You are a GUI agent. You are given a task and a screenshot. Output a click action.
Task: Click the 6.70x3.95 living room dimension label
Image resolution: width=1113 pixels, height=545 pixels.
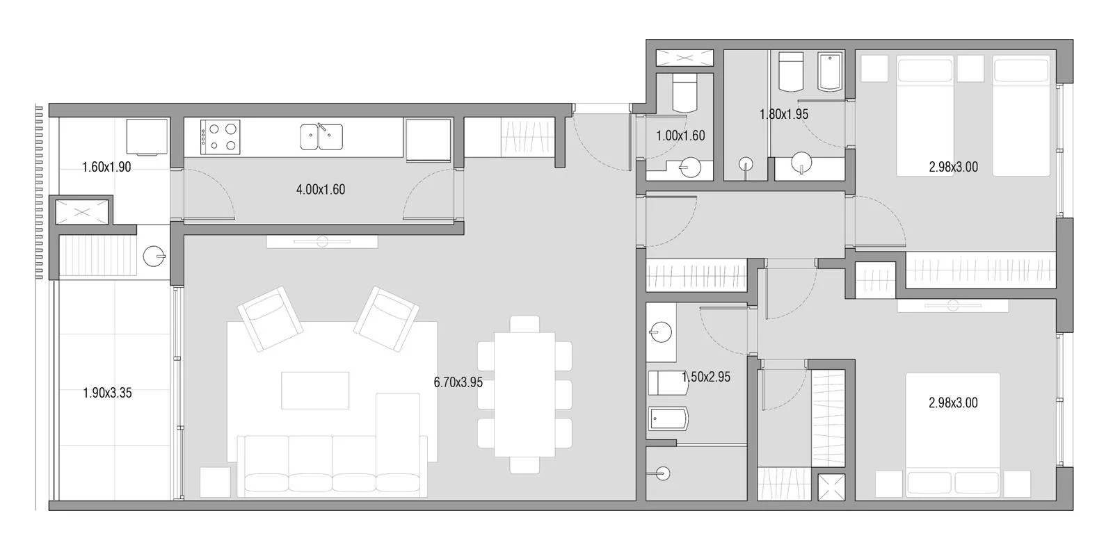click(458, 382)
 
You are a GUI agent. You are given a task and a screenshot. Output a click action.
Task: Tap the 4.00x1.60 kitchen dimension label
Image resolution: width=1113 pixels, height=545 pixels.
click(321, 189)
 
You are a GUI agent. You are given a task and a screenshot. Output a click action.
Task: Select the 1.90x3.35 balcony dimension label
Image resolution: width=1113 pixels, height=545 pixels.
click(107, 393)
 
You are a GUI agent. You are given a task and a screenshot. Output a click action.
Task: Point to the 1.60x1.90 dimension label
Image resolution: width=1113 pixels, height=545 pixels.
click(106, 167)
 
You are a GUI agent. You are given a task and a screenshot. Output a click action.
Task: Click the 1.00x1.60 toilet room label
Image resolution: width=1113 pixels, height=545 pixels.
click(680, 136)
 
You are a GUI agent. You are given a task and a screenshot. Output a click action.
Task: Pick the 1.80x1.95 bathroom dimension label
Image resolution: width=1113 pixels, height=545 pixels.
click(783, 114)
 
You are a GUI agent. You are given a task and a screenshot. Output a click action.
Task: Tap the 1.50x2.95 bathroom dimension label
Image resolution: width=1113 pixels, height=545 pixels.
click(706, 377)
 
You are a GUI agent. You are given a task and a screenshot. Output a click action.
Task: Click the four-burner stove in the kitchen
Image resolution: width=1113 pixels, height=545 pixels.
click(221, 137)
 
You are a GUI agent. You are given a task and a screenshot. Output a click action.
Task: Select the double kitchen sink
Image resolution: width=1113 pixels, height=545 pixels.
click(321, 137)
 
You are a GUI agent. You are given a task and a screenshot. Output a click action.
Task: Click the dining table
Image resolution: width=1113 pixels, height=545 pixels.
click(525, 395)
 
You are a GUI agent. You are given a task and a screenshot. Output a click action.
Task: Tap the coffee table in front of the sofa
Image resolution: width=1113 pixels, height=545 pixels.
click(315, 391)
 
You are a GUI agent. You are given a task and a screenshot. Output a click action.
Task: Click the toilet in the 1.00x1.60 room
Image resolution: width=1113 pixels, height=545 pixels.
click(684, 93)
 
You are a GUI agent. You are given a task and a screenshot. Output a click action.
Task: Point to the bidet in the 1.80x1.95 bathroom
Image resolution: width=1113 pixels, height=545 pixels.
click(830, 72)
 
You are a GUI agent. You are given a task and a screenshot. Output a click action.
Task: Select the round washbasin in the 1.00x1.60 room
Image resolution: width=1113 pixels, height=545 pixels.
click(689, 168)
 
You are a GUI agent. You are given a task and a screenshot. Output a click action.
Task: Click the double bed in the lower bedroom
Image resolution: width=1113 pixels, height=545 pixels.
click(953, 434)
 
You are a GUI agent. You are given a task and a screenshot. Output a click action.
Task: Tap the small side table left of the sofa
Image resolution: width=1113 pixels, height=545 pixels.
click(215, 482)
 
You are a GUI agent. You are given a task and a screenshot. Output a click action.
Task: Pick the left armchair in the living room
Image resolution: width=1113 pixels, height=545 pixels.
click(271, 319)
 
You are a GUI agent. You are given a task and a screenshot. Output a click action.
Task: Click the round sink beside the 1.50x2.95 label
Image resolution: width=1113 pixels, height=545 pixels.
click(660, 332)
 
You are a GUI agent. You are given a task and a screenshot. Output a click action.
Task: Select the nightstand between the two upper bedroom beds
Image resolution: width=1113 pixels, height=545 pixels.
click(970, 69)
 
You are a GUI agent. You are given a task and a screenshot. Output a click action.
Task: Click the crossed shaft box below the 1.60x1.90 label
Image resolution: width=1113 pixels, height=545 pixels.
click(82, 212)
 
